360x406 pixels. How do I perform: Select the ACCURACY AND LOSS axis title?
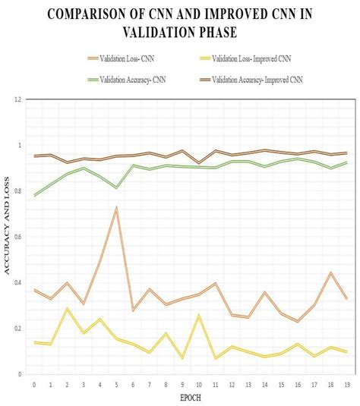point(7,236)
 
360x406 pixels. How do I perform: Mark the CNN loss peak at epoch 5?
point(116,207)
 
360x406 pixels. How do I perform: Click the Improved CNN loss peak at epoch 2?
point(67,309)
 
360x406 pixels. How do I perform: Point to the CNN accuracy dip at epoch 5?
point(116,187)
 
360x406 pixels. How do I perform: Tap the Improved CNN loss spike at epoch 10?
point(199,315)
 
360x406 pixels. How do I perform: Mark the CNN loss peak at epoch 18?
point(330,272)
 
